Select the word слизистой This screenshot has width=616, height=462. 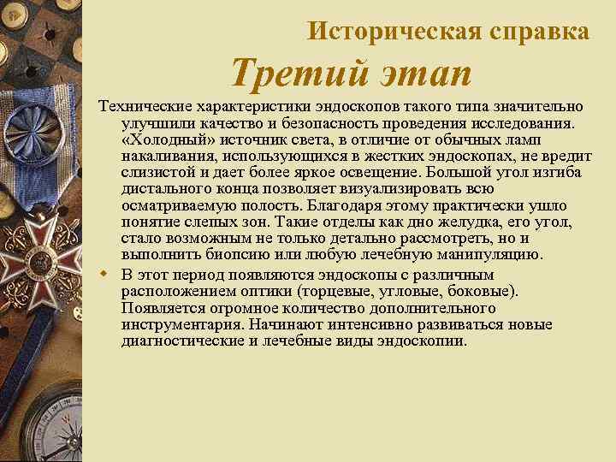click(157, 174)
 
